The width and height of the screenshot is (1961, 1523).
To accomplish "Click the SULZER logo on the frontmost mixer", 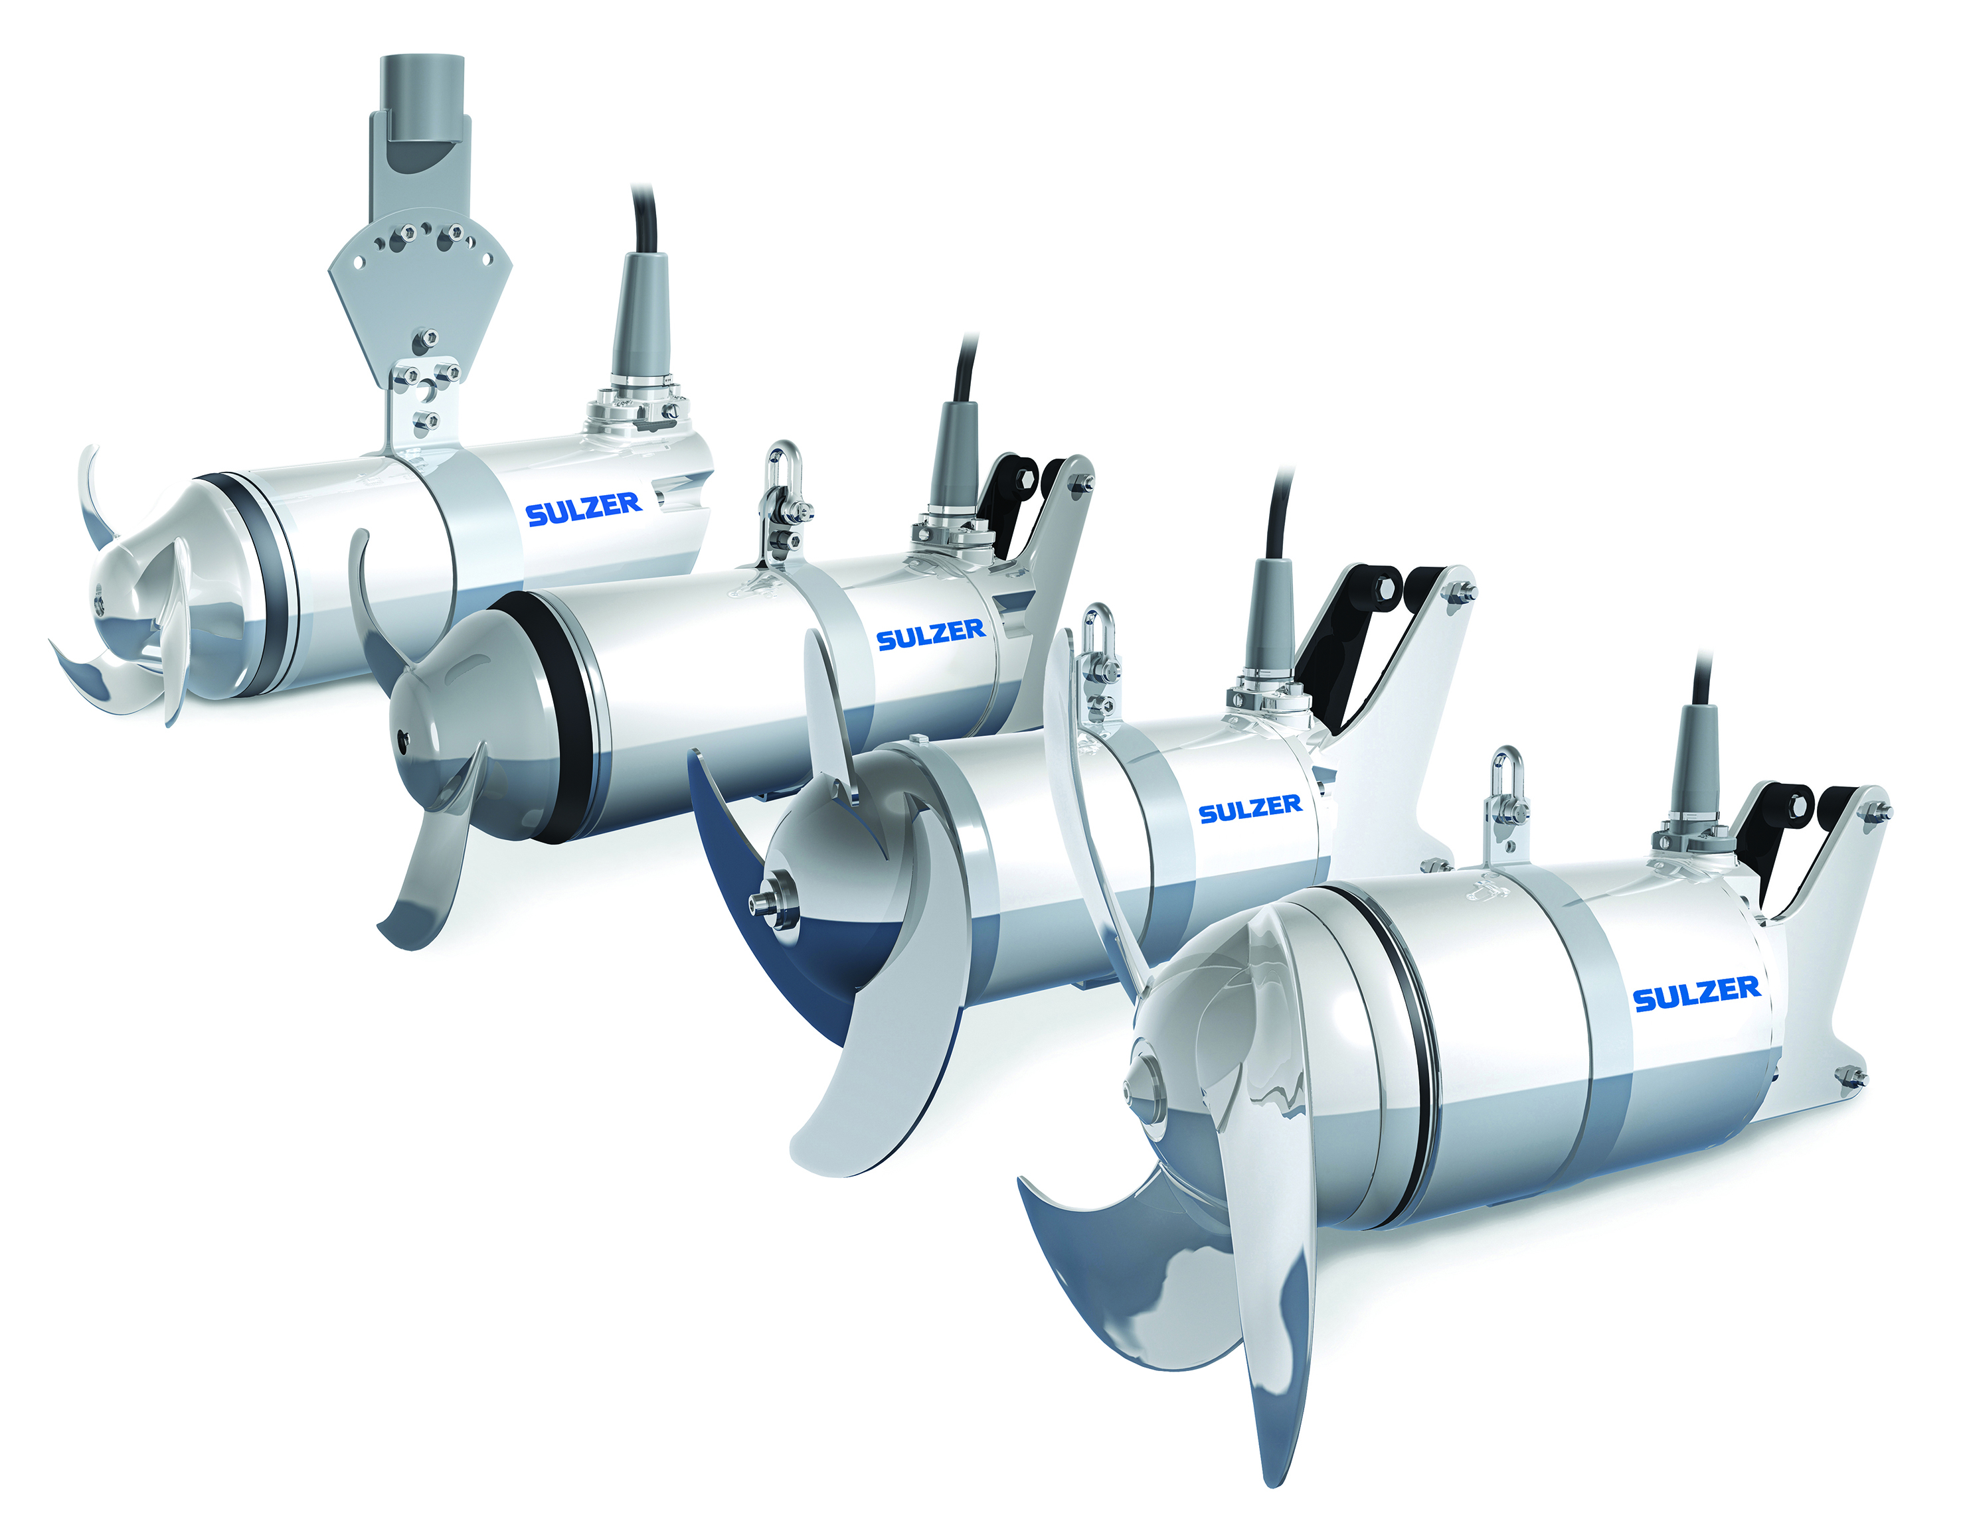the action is (x=1696, y=993).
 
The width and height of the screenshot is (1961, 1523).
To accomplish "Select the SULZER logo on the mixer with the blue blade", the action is (x=1250, y=809).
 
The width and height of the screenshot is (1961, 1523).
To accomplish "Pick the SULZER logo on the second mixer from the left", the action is (x=930, y=634).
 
